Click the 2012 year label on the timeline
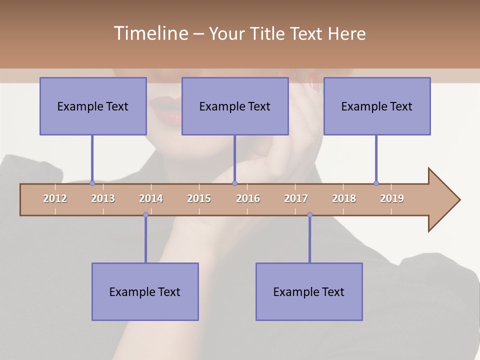click(x=55, y=198)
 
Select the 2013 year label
click(x=103, y=198)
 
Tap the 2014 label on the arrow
click(x=151, y=198)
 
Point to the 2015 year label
click(x=199, y=198)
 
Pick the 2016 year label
click(x=248, y=198)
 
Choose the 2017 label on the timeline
click(x=296, y=198)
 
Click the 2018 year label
click(x=344, y=198)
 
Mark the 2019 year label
click(x=392, y=198)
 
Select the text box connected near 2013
click(x=93, y=106)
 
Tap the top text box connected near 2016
click(x=235, y=106)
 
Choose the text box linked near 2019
click(x=377, y=106)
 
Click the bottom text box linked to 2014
click(x=145, y=292)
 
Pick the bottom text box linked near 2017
click(x=309, y=292)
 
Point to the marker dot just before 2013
click(x=92, y=183)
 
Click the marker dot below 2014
click(x=145, y=215)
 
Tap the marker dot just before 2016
click(x=235, y=183)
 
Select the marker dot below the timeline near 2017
click(x=309, y=215)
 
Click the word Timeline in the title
click(x=150, y=33)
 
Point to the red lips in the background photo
click(x=165, y=111)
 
